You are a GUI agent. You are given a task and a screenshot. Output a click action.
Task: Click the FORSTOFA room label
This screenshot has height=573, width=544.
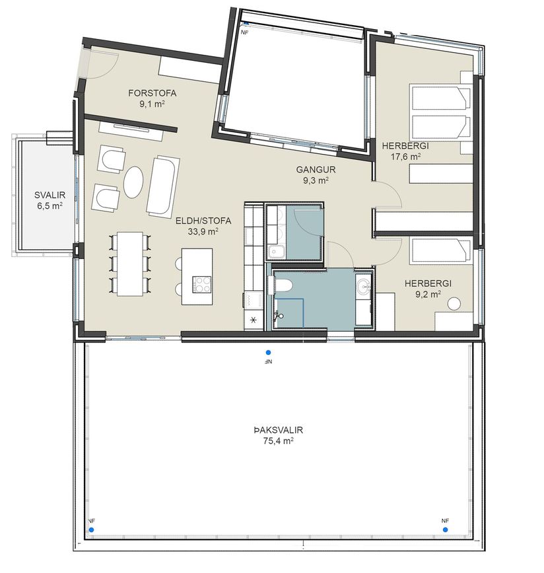pyautogui.click(x=153, y=93)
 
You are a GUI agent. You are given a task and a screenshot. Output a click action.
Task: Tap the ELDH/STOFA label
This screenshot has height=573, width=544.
pyautogui.click(x=203, y=221)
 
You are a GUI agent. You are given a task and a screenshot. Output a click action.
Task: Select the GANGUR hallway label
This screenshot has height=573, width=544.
pyautogui.click(x=316, y=170)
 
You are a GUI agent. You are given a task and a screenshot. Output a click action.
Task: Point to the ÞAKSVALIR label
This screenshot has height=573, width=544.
pyautogui.click(x=279, y=430)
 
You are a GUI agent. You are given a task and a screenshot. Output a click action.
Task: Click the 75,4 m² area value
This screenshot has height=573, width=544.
pyautogui.click(x=279, y=441)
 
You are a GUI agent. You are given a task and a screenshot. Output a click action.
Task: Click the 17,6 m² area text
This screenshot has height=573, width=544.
pyautogui.click(x=405, y=157)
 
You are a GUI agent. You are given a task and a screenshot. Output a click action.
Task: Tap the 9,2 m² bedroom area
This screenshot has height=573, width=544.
pyautogui.click(x=428, y=294)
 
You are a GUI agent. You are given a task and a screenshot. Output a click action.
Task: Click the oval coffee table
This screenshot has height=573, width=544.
pyautogui.click(x=133, y=182)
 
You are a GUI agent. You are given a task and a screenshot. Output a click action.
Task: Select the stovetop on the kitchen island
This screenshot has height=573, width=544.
pyautogui.click(x=202, y=284)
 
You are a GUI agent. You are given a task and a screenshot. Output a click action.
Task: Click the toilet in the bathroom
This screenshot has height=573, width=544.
pyautogui.click(x=281, y=284)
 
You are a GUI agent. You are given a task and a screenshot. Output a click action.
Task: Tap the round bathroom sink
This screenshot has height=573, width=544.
pyautogui.click(x=364, y=286)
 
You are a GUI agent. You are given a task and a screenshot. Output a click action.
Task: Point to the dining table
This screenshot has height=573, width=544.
pyautogui.click(x=130, y=264)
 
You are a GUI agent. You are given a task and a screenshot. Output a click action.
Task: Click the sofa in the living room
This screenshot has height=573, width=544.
pyautogui.click(x=163, y=184)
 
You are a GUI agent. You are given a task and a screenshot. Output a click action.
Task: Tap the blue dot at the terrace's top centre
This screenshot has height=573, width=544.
pyautogui.click(x=268, y=353)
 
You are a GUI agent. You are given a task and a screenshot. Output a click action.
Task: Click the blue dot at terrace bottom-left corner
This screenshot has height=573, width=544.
pyautogui.click(x=91, y=529)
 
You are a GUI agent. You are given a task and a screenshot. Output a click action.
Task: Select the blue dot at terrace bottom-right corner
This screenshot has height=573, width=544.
pyautogui.click(x=445, y=529)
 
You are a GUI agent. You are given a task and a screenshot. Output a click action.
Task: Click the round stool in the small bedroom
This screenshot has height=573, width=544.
pyautogui.click(x=454, y=304)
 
